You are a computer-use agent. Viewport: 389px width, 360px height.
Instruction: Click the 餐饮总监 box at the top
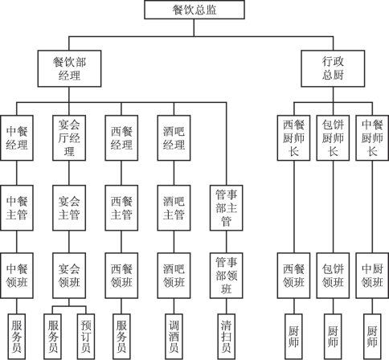coord(194,10)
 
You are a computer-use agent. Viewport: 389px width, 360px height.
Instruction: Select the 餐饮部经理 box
coord(69,68)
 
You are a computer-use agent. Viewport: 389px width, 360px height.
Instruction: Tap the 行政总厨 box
coord(333,68)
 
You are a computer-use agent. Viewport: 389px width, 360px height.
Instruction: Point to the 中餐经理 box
coord(17,138)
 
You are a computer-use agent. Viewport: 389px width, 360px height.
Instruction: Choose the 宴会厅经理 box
coord(69,138)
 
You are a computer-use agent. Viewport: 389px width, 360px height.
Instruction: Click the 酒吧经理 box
coord(174,138)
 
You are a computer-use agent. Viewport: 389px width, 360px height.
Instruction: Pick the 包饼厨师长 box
coord(333,138)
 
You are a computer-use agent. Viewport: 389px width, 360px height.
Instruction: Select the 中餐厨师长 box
coord(372,138)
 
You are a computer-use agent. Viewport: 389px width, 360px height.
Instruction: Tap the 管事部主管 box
coord(227,208)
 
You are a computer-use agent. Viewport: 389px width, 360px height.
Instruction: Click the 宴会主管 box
coord(69,208)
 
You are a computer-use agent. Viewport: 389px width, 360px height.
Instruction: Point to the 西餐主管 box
coord(121,208)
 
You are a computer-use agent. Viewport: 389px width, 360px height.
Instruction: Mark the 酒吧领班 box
coord(174,276)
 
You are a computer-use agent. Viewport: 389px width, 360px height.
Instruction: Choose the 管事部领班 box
coord(227,276)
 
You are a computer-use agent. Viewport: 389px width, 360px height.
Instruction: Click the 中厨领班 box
coord(372,276)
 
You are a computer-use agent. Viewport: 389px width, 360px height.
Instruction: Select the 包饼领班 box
coord(333,276)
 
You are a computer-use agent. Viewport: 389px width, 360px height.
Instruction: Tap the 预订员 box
coord(86,337)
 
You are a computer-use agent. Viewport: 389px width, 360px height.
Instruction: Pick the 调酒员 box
coord(174,337)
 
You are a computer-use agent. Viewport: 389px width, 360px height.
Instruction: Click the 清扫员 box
coord(227,337)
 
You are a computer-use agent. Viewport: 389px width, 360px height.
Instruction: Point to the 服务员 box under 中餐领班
coord(17,337)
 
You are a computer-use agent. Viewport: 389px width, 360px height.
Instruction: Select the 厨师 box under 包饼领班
coord(333,337)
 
